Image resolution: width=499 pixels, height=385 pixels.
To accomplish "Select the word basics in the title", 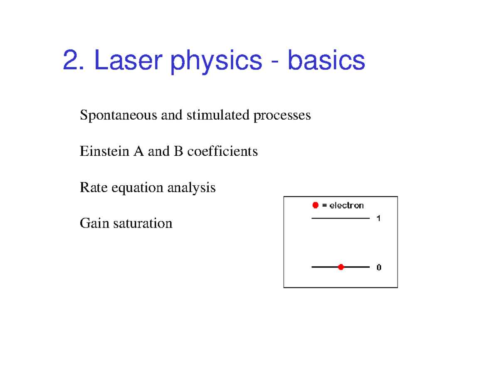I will tap(326, 60).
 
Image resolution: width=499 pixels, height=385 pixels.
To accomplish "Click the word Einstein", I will tap(104, 151).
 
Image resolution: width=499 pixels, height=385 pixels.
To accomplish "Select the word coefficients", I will tap(222, 151).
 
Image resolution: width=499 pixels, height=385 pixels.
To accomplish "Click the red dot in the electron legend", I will tap(315, 205).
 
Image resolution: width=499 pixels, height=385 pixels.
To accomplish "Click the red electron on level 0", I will tap(341, 267).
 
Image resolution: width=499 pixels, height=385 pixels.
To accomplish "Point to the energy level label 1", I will tap(379, 218).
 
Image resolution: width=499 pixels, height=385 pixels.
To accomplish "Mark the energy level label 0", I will tap(379, 268).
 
